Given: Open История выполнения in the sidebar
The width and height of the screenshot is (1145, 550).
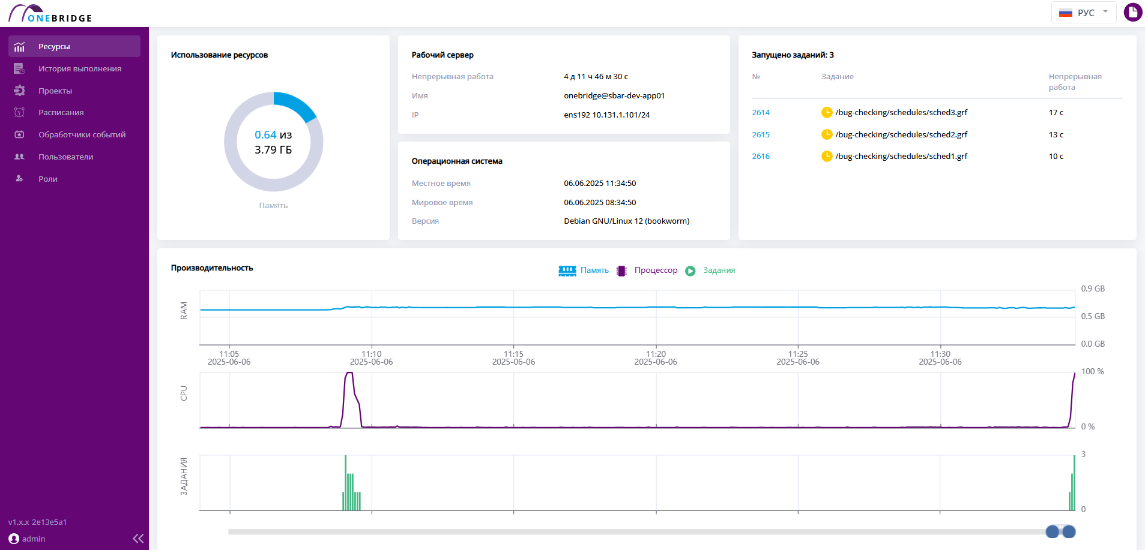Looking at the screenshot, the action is pos(80,69).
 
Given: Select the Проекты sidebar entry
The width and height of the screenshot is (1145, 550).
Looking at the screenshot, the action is pos(55,91).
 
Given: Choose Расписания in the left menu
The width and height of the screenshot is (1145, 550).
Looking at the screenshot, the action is pos(61,113).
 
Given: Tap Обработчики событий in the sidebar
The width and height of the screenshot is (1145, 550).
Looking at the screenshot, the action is pos(82,135).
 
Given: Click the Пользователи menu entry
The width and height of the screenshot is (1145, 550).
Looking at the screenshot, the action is pos(66,157).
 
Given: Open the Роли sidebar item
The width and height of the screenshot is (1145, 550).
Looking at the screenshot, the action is pos(48,179).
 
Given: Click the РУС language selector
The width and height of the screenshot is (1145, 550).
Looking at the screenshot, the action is pos(1083,13).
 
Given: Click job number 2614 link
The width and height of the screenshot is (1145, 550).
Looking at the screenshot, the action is pos(761,113).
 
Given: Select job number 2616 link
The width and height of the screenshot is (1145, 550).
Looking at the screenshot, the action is pos(761,157).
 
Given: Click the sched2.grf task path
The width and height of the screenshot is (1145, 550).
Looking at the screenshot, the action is pos(901,135).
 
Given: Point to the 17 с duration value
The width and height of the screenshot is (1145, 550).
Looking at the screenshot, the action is pos(1056,113).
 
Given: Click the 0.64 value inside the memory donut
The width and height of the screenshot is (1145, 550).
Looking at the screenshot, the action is pos(265,135).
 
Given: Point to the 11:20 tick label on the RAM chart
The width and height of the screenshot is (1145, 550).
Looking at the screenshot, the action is pos(656,354).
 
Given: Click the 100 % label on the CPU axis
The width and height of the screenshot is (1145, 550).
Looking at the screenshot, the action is pos(1092,372).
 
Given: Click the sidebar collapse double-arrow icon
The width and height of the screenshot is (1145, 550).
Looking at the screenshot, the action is pos(138,539).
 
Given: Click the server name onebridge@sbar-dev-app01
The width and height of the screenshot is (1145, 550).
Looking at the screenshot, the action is pos(614,96).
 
